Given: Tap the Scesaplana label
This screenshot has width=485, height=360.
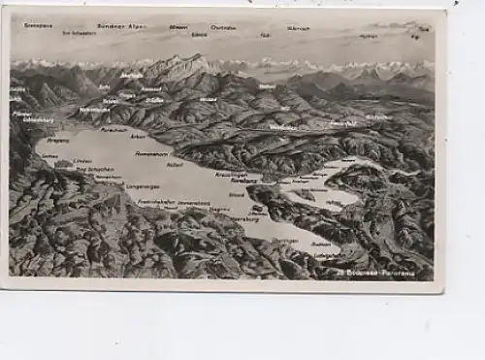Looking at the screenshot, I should [x=38, y=25].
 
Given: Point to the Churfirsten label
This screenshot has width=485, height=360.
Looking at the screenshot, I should [x=223, y=27].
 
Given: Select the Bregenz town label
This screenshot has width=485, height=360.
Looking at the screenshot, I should [x=58, y=140].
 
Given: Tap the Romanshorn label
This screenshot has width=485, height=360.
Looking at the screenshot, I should [x=152, y=154].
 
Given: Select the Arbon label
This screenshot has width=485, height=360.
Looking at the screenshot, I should [x=138, y=137].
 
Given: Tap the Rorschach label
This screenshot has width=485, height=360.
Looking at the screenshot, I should [x=113, y=129].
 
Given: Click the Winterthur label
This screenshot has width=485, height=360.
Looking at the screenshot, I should [x=283, y=127].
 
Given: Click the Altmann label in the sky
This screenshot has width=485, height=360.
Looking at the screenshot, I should [x=178, y=27].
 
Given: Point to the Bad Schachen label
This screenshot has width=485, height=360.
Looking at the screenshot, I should [x=95, y=169].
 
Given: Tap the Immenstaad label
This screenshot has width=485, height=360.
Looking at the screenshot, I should [x=193, y=203].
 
